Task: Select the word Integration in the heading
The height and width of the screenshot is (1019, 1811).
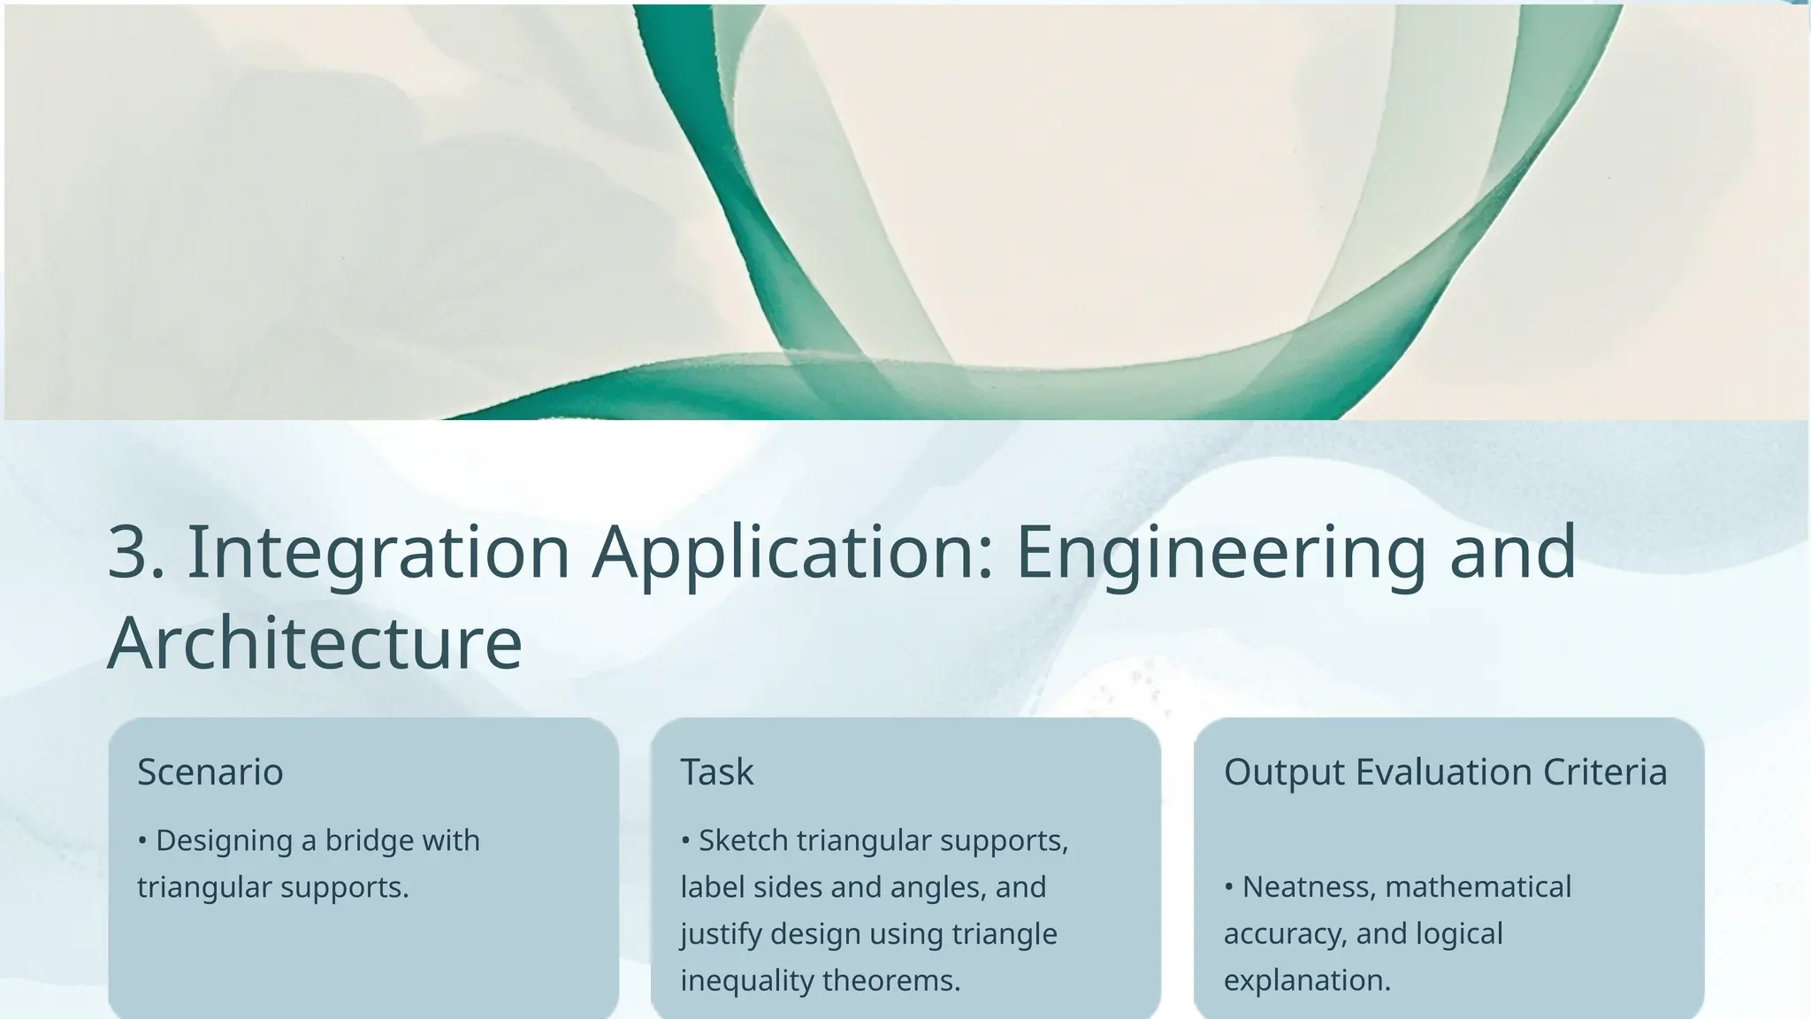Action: [x=378, y=552]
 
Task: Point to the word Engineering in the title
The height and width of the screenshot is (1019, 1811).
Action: [x=1220, y=554]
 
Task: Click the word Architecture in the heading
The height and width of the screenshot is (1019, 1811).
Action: [x=315, y=643]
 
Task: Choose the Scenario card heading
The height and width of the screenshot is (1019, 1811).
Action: [x=210, y=772]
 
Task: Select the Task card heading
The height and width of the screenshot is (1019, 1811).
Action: [x=717, y=772]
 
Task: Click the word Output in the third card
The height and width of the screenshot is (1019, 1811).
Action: [x=1283, y=772]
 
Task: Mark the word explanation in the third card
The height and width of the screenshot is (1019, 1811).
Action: [x=1307, y=981]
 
